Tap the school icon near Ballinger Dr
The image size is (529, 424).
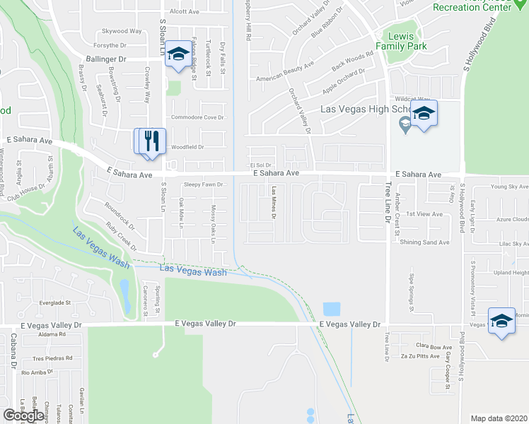180,54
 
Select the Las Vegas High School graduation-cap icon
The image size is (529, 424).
423,114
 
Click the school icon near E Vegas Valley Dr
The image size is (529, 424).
501,322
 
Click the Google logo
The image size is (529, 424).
23,415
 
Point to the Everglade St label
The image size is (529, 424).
55,302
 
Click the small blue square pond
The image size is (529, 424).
331,309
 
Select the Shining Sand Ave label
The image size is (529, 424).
424,242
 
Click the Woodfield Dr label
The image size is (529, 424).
187,147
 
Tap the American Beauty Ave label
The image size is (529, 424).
285,71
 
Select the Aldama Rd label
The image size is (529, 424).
33,334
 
